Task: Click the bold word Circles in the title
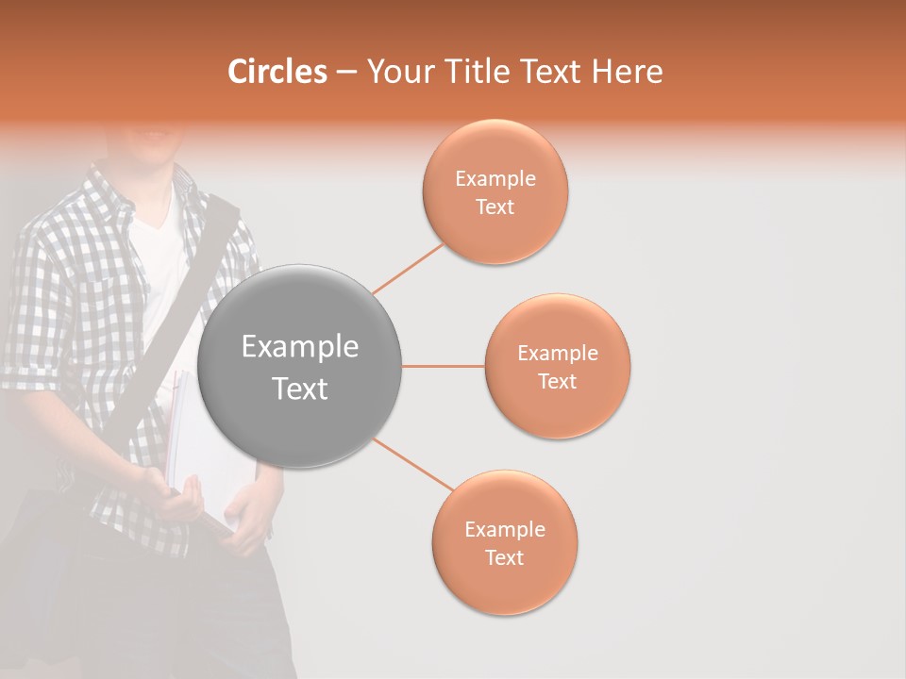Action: pos(277,72)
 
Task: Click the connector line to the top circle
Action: pos(408,269)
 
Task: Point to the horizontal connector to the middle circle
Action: pos(443,366)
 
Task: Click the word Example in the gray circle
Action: pos(299,347)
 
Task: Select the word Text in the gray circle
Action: pos(299,389)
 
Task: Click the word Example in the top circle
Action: pos(495,179)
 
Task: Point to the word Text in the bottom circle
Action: pos(504,557)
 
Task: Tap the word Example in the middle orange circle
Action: pos(557,354)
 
